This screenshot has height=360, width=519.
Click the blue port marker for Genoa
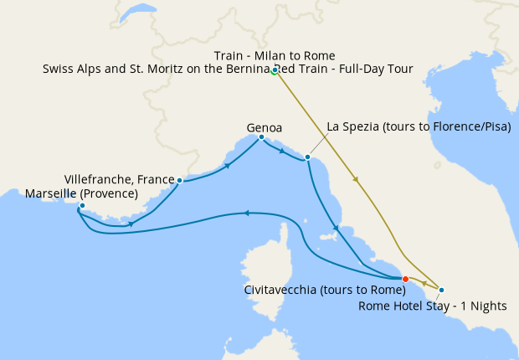pos(261,137)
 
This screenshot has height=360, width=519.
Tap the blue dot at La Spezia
pos(308,157)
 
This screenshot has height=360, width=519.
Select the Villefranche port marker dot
pos(180,180)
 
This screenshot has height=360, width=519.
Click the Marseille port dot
pos(82,205)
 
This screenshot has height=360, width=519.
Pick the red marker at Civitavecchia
pos(405,279)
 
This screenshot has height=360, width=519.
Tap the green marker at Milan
pos(275,70)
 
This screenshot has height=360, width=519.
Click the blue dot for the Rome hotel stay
pos(441,290)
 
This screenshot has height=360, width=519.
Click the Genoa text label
pos(264,127)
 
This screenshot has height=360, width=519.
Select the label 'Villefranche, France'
pos(118,179)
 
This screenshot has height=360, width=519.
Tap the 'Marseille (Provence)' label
pos(81,193)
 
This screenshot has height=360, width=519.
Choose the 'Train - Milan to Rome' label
pos(274,56)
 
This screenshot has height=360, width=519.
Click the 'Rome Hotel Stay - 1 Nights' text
pos(432,306)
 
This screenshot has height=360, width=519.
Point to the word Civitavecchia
pos(284,290)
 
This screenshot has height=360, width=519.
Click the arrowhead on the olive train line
pos(358,180)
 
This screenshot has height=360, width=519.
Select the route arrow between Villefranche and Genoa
pos(228,167)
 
